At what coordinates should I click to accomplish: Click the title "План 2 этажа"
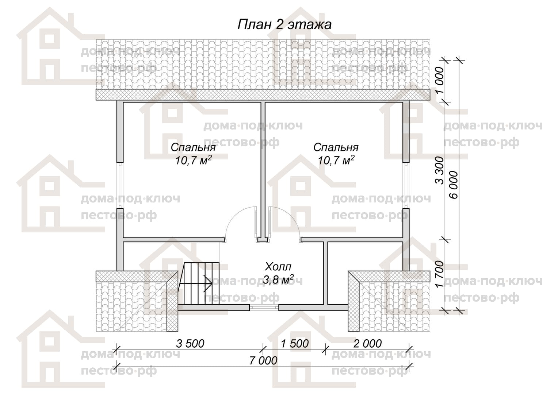pyautogui.click(x=284, y=25)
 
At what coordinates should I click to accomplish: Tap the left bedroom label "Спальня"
pyautogui.click(x=193, y=147)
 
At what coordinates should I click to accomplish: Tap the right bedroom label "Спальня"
pyautogui.click(x=336, y=147)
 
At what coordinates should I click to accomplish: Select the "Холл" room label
pyautogui.click(x=278, y=267)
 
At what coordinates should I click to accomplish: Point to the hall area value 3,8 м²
pyautogui.click(x=278, y=280)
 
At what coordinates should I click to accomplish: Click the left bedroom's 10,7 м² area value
pyautogui.click(x=194, y=160)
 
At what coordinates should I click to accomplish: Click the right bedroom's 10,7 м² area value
pyautogui.click(x=336, y=160)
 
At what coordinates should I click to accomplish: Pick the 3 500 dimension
pyautogui.click(x=190, y=344)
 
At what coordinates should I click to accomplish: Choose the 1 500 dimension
pyautogui.click(x=295, y=344)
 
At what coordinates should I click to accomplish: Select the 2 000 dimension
pyautogui.click(x=367, y=344)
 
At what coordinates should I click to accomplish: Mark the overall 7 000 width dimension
pyautogui.click(x=263, y=361)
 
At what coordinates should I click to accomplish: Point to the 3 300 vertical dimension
pyautogui.click(x=440, y=170)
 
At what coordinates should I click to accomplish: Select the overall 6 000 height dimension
pyautogui.click(x=454, y=185)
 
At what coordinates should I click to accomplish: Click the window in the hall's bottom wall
pyautogui.click(x=264, y=308)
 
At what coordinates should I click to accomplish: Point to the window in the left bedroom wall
pyautogui.click(x=120, y=185)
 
